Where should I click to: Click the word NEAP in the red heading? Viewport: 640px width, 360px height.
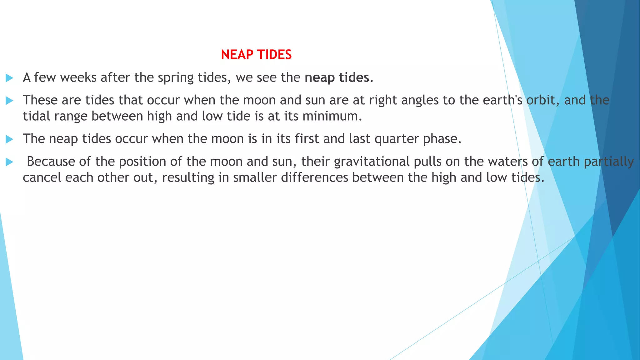point(237,55)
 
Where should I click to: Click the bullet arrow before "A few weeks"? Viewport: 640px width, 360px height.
point(9,78)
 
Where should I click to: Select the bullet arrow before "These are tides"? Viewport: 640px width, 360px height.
point(9,101)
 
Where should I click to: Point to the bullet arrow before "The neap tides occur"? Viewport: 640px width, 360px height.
point(9,139)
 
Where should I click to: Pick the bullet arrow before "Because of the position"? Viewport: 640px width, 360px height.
point(9,162)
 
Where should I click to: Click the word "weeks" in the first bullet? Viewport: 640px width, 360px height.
point(78,77)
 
